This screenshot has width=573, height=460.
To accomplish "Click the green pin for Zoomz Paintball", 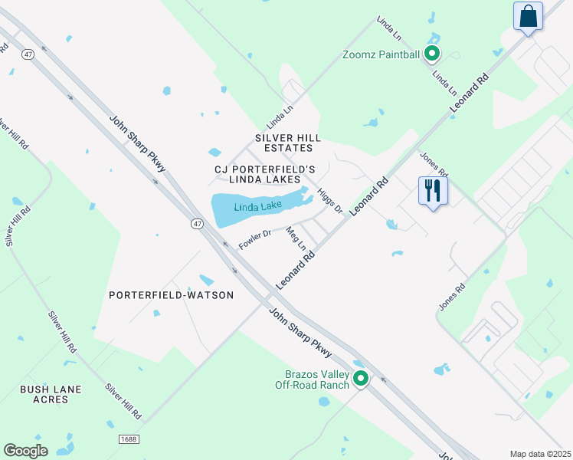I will (x=432, y=54).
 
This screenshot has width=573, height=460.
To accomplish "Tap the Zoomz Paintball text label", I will (x=381, y=54).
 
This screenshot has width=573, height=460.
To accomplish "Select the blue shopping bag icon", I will (x=528, y=15).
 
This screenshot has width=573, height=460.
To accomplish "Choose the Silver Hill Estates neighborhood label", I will (x=284, y=143).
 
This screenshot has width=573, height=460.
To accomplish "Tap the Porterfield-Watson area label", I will (x=171, y=294).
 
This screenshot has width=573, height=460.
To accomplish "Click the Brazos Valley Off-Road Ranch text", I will (x=312, y=379).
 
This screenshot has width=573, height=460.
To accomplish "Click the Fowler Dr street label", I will (x=255, y=239).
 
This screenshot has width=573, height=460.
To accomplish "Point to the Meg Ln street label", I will (x=296, y=238).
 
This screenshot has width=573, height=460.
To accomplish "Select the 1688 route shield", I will (x=129, y=439).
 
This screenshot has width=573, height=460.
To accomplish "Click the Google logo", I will (x=25, y=451).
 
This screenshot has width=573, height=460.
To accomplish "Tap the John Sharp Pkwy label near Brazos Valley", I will (x=300, y=332).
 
